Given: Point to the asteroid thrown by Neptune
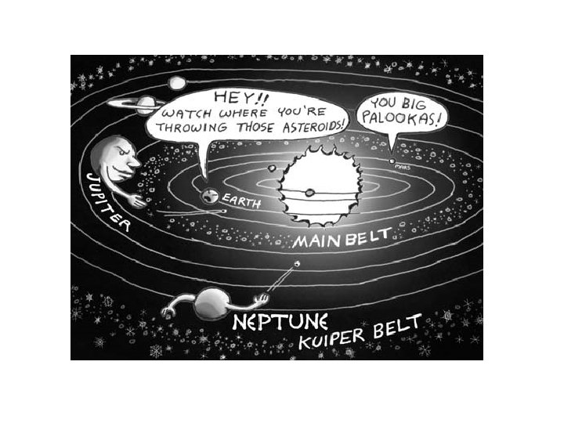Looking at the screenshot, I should pos(297,264).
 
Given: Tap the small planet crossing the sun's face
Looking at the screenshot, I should pos(310,192).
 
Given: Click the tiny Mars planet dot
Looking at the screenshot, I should pos(392,161).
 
